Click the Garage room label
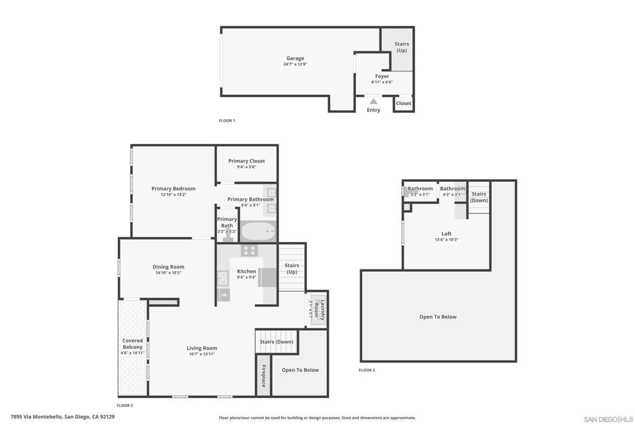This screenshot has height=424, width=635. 295,58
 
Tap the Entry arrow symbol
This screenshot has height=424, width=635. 373,101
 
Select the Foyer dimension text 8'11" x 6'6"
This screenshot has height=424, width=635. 382,82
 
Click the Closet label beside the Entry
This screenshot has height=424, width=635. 404,104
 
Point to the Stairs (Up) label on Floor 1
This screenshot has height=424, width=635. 402,47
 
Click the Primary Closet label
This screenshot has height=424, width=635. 246,161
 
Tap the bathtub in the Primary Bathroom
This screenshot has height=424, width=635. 257,232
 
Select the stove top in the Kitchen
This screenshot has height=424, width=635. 249,251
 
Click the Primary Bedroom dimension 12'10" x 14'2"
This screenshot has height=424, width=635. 174,195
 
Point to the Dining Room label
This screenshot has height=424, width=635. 168,267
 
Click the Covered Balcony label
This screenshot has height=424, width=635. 133,343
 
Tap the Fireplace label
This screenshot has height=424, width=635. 264,375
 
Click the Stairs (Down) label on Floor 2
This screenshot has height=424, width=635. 277,342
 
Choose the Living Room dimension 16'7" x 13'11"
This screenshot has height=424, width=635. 202,354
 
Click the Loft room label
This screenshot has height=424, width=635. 446,233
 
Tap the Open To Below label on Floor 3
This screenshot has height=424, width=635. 438,317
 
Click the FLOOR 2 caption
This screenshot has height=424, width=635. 125,405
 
